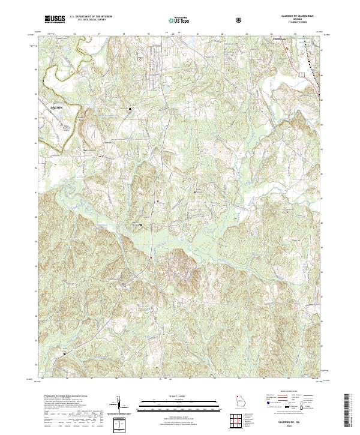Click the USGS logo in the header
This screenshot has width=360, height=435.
tap(54, 20)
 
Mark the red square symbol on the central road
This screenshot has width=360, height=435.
tap(151, 258)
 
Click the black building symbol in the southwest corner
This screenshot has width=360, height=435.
tap(66, 354)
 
